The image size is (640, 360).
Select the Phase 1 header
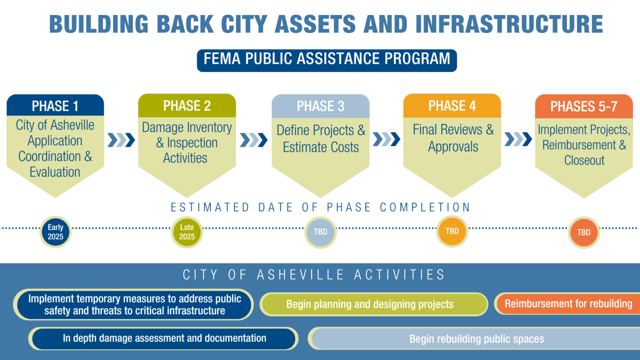(55, 106)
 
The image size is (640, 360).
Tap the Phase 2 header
(187, 106)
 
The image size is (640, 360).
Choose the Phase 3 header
(320, 106)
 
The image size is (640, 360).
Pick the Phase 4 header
(452, 106)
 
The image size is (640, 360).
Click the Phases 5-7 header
(584, 107)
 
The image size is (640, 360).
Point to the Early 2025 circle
(55, 232)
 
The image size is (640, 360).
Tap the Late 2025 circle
(187, 232)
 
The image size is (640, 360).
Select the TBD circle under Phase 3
(320, 232)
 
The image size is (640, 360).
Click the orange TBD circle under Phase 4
(452, 231)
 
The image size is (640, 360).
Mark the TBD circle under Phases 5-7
(584, 232)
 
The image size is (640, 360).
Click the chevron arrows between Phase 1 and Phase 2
(121, 140)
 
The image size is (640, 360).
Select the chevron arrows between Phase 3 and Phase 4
(386, 139)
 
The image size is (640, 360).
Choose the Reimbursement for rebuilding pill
(568, 304)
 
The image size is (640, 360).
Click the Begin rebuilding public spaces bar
(476, 339)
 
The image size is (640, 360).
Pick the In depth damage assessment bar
(164, 338)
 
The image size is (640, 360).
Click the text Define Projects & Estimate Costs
(320, 139)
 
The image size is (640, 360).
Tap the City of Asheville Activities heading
(314, 275)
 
